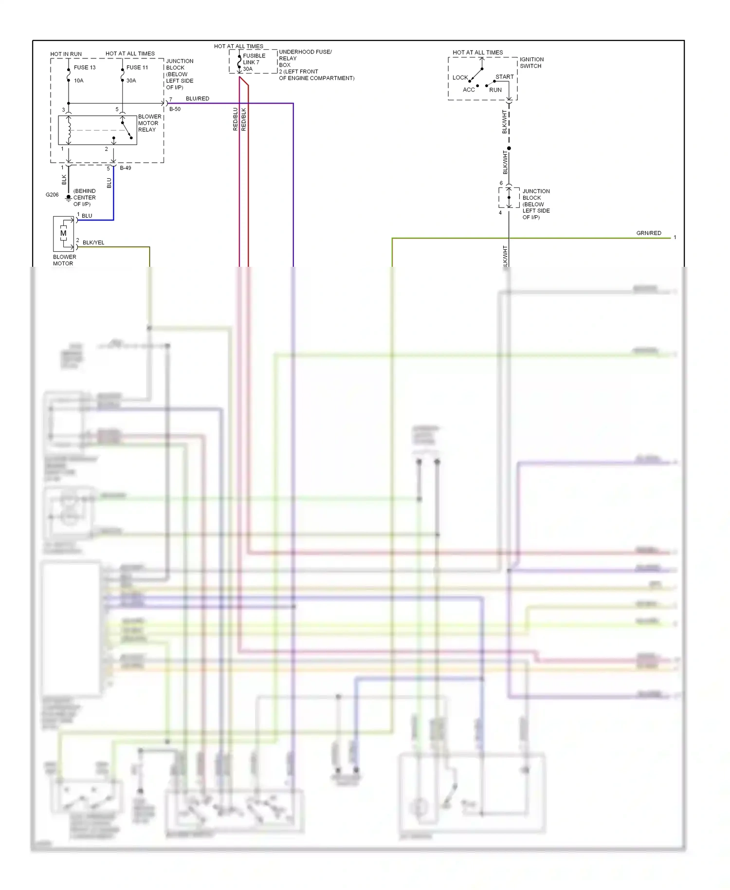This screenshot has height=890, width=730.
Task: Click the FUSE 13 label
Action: coord(85,68)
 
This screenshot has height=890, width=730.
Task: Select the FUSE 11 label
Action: coord(137,68)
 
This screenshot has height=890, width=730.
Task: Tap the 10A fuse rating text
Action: coord(79,81)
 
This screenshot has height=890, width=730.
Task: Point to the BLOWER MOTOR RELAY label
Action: coord(149,123)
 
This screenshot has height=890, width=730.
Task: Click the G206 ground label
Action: coord(52,195)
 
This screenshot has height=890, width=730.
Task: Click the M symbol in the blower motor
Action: coord(63,233)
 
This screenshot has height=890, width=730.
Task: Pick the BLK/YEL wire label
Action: coord(93,242)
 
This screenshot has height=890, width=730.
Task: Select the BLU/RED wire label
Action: coord(198,99)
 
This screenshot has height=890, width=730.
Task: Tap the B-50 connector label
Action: coord(175,109)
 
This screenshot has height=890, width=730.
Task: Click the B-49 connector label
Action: coord(126,168)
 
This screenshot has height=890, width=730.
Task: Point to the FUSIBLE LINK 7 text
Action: coord(254,59)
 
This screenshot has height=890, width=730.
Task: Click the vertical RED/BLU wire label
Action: coord(236,119)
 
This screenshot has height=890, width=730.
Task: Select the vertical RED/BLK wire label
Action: coord(244,119)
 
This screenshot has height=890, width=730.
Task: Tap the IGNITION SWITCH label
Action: coord(531,63)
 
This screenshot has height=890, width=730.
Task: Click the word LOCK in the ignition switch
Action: coord(460,78)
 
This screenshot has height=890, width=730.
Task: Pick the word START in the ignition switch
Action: coord(505,77)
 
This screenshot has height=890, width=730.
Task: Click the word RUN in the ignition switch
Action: coord(495,90)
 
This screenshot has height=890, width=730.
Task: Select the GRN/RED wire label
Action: coord(649,233)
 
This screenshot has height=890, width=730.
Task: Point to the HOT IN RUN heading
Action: coord(66,54)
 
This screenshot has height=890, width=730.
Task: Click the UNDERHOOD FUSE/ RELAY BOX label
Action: coord(305,58)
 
